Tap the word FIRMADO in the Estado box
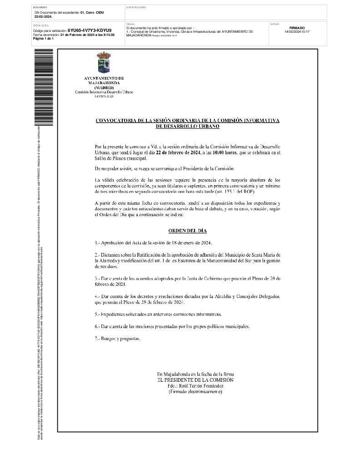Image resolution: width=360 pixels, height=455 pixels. tap(297, 28)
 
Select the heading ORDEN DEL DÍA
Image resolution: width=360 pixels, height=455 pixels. tap(187, 231)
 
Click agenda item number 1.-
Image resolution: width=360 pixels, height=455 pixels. tap(98, 243)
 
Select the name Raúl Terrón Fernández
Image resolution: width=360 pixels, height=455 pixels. tap(195, 385)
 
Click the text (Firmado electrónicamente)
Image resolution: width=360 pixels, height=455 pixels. tap(195, 391)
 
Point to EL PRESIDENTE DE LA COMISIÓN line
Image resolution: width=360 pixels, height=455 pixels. tap(195, 379)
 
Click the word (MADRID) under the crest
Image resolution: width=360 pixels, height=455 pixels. tap(104, 87)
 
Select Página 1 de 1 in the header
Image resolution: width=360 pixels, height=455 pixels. tap(44, 39)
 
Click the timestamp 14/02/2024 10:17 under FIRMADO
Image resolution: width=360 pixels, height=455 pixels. tap(297, 32)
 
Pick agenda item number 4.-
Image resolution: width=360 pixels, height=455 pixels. tap(98, 297)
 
